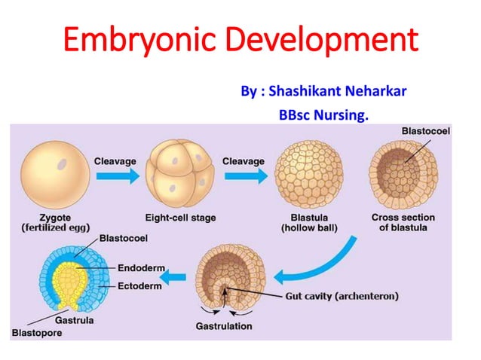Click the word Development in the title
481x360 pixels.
point(326,39)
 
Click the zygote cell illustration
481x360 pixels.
point(51,175)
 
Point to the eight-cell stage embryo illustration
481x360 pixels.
point(180,175)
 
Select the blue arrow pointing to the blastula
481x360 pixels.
point(244,175)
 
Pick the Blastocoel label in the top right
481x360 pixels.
point(426,130)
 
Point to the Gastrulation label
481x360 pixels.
point(224,326)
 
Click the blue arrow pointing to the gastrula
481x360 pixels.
point(174,278)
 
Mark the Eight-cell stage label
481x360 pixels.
point(180,218)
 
